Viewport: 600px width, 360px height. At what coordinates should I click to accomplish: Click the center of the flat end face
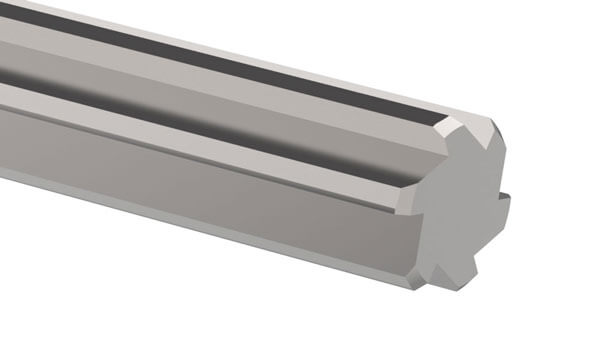(455, 210)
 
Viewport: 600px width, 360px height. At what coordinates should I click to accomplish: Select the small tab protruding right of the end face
(502, 204)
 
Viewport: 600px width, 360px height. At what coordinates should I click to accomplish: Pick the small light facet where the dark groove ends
(446, 127)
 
